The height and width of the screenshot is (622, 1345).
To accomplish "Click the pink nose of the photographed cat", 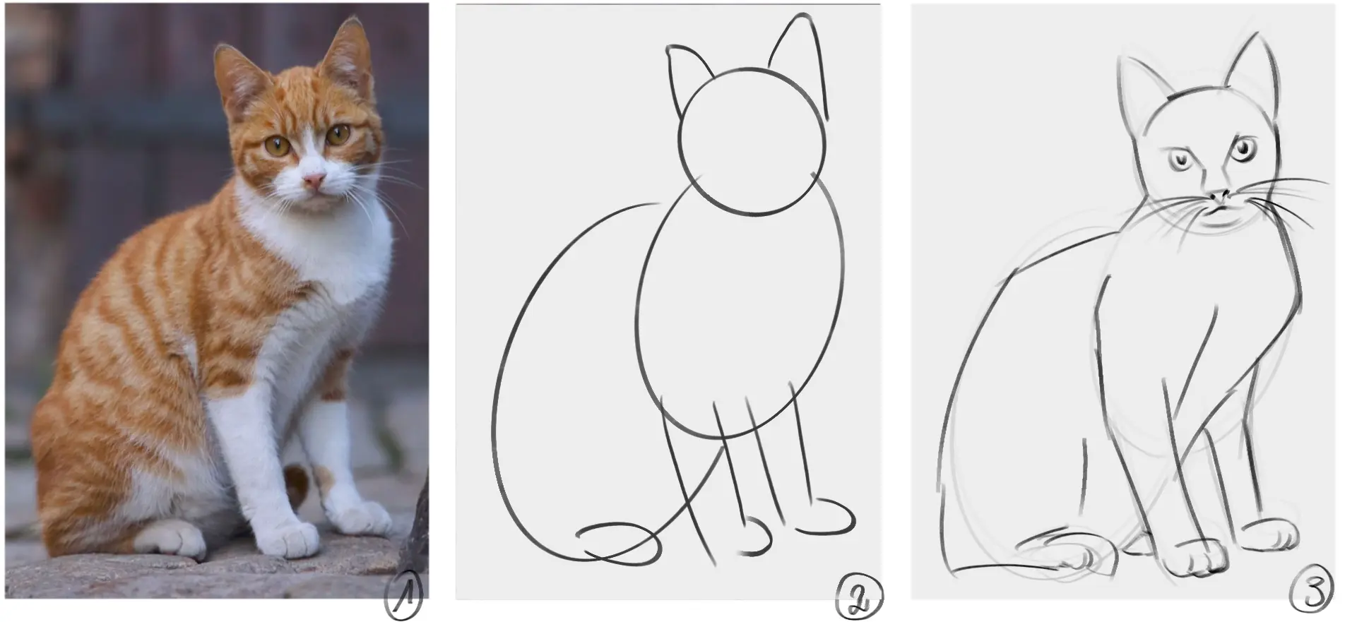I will pyautogui.click(x=313, y=181).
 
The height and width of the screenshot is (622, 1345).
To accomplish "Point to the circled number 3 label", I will pyautogui.click(x=1313, y=593).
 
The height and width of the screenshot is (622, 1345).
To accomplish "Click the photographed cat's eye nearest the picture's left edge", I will pyautogui.click(x=277, y=146).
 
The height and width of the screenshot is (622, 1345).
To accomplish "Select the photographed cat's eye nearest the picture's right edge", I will pyautogui.click(x=338, y=133).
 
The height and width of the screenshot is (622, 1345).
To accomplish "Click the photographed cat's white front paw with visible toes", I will pyautogui.click(x=290, y=539).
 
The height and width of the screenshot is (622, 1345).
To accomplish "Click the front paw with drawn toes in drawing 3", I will pyautogui.click(x=1194, y=561).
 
